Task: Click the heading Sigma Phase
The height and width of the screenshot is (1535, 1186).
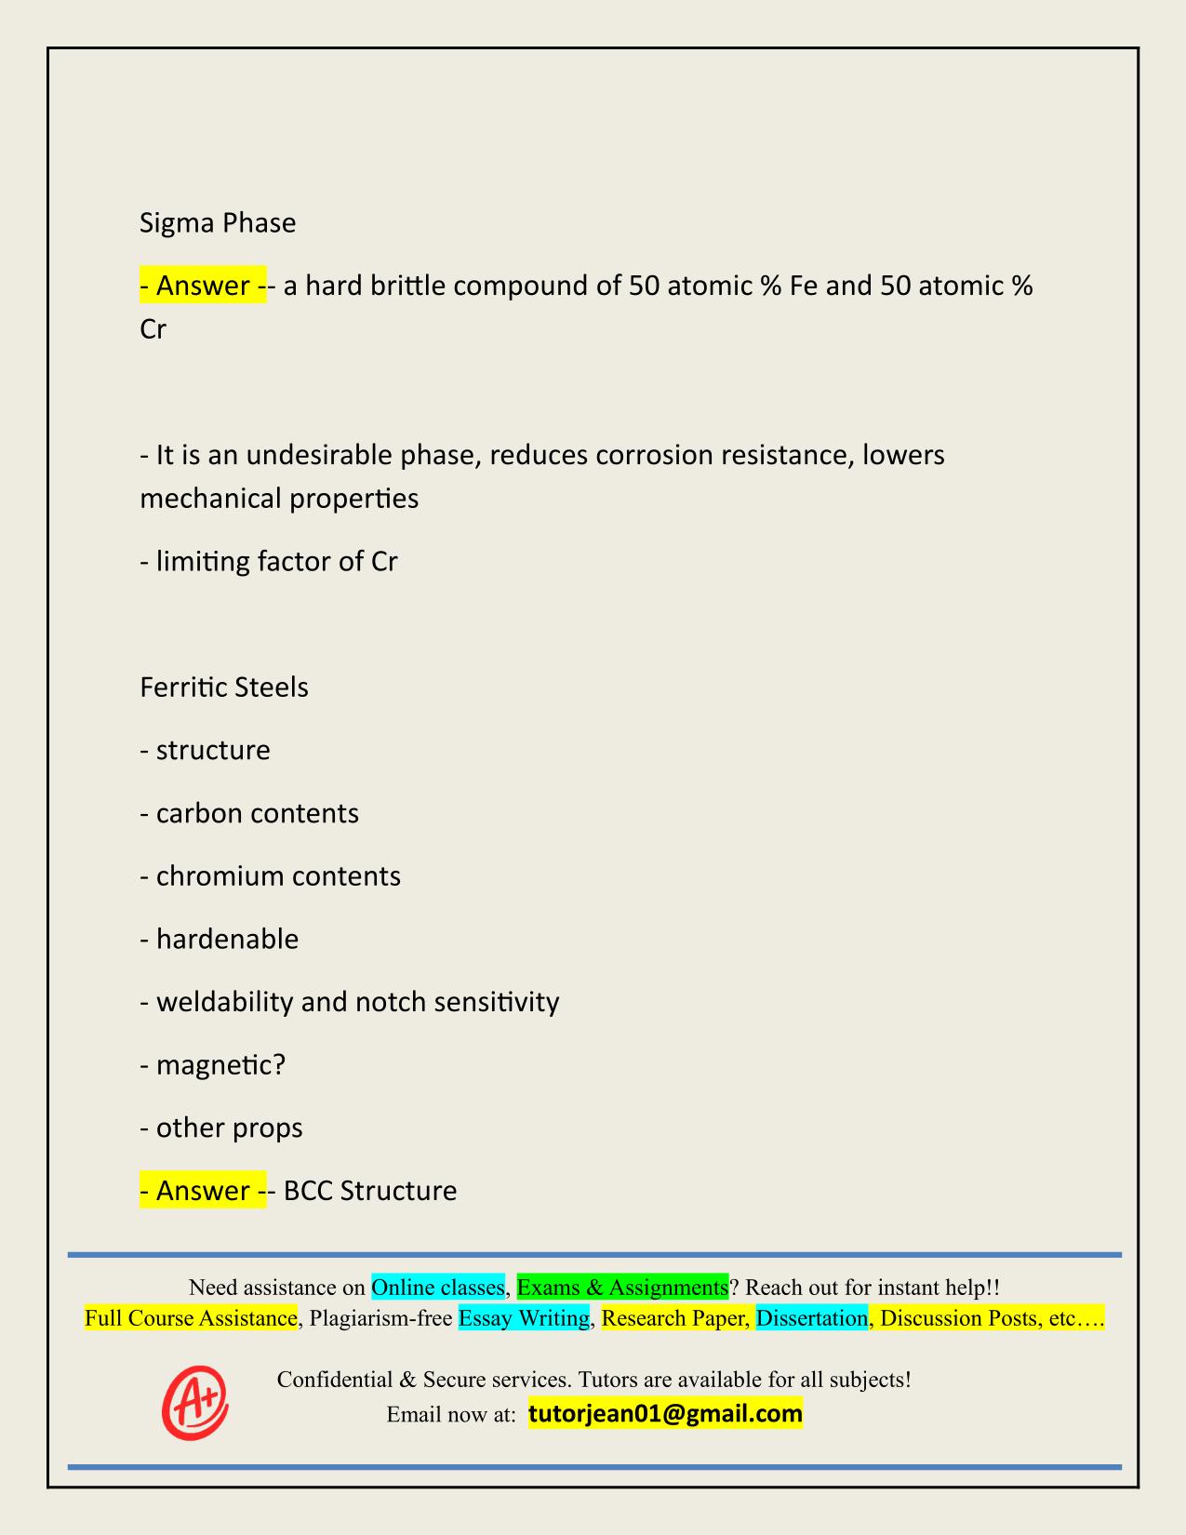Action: (218, 223)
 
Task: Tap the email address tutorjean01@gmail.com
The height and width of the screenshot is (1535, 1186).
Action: (665, 1414)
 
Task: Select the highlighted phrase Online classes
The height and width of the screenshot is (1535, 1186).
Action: (437, 1288)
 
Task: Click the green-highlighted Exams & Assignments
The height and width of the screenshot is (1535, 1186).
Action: (622, 1288)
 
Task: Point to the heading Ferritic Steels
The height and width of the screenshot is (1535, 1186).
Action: (224, 687)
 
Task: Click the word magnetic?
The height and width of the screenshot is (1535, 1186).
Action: (220, 1064)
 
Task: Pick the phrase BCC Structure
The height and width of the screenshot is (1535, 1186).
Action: (370, 1191)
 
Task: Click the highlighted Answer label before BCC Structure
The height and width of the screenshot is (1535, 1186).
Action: (203, 1191)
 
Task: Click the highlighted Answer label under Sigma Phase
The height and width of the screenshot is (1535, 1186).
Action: (203, 286)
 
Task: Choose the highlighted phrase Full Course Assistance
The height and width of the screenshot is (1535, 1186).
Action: (191, 1318)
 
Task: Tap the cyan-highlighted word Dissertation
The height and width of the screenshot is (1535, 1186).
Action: (811, 1318)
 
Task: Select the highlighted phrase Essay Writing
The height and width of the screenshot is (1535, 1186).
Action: (525, 1318)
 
